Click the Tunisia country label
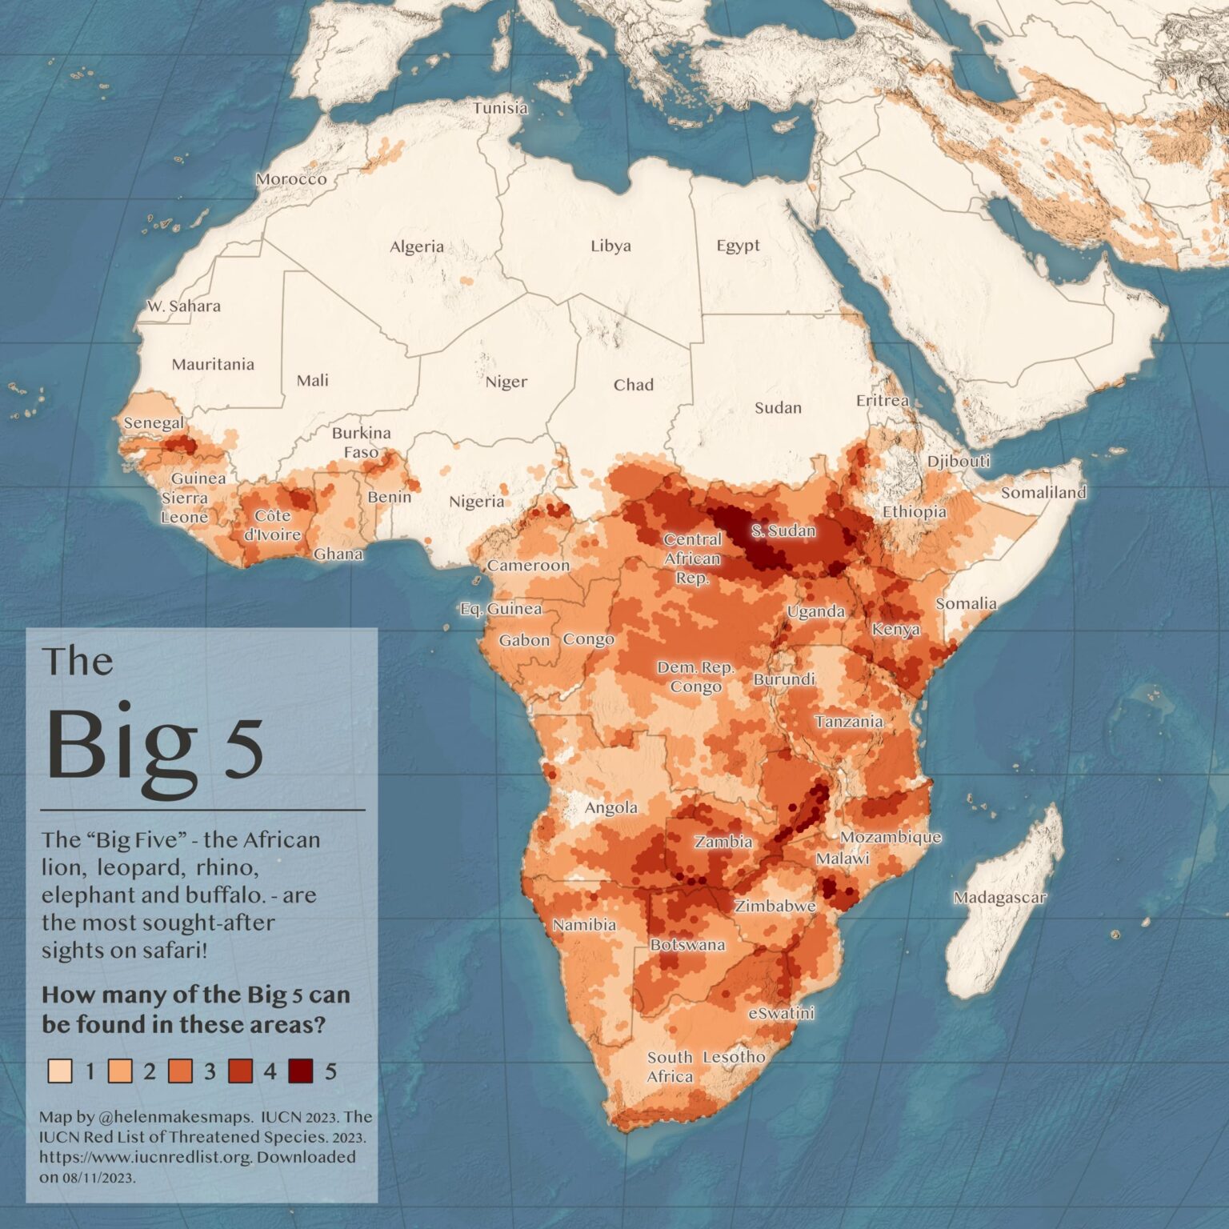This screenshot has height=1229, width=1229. pyautogui.click(x=500, y=108)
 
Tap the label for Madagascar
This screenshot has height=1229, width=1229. pyautogui.click(x=999, y=898)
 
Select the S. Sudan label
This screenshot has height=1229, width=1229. pyautogui.click(x=783, y=530)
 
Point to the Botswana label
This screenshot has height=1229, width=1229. pyautogui.click(x=687, y=945)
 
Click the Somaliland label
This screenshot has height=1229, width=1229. pyautogui.click(x=1043, y=492)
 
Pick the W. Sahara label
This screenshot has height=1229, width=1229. pyautogui.click(x=183, y=306)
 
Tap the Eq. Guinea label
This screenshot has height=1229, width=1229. pyautogui.click(x=501, y=609)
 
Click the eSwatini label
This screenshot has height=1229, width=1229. pyautogui.click(x=781, y=1013)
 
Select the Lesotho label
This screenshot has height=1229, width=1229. pyautogui.click(x=734, y=1057)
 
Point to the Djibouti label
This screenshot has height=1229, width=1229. pyautogui.click(x=959, y=461)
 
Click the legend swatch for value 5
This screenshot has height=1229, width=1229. pyautogui.click(x=302, y=1071)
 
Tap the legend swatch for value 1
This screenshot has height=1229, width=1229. pyautogui.click(x=60, y=1071)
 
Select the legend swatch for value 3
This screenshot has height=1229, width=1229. pyautogui.click(x=181, y=1071)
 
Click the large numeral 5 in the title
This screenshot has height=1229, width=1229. pyautogui.click(x=243, y=748)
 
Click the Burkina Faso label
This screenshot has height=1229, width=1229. pyautogui.click(x=362, y=442)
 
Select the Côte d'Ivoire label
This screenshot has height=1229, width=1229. pyautogui.click(x=272, y=525)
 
